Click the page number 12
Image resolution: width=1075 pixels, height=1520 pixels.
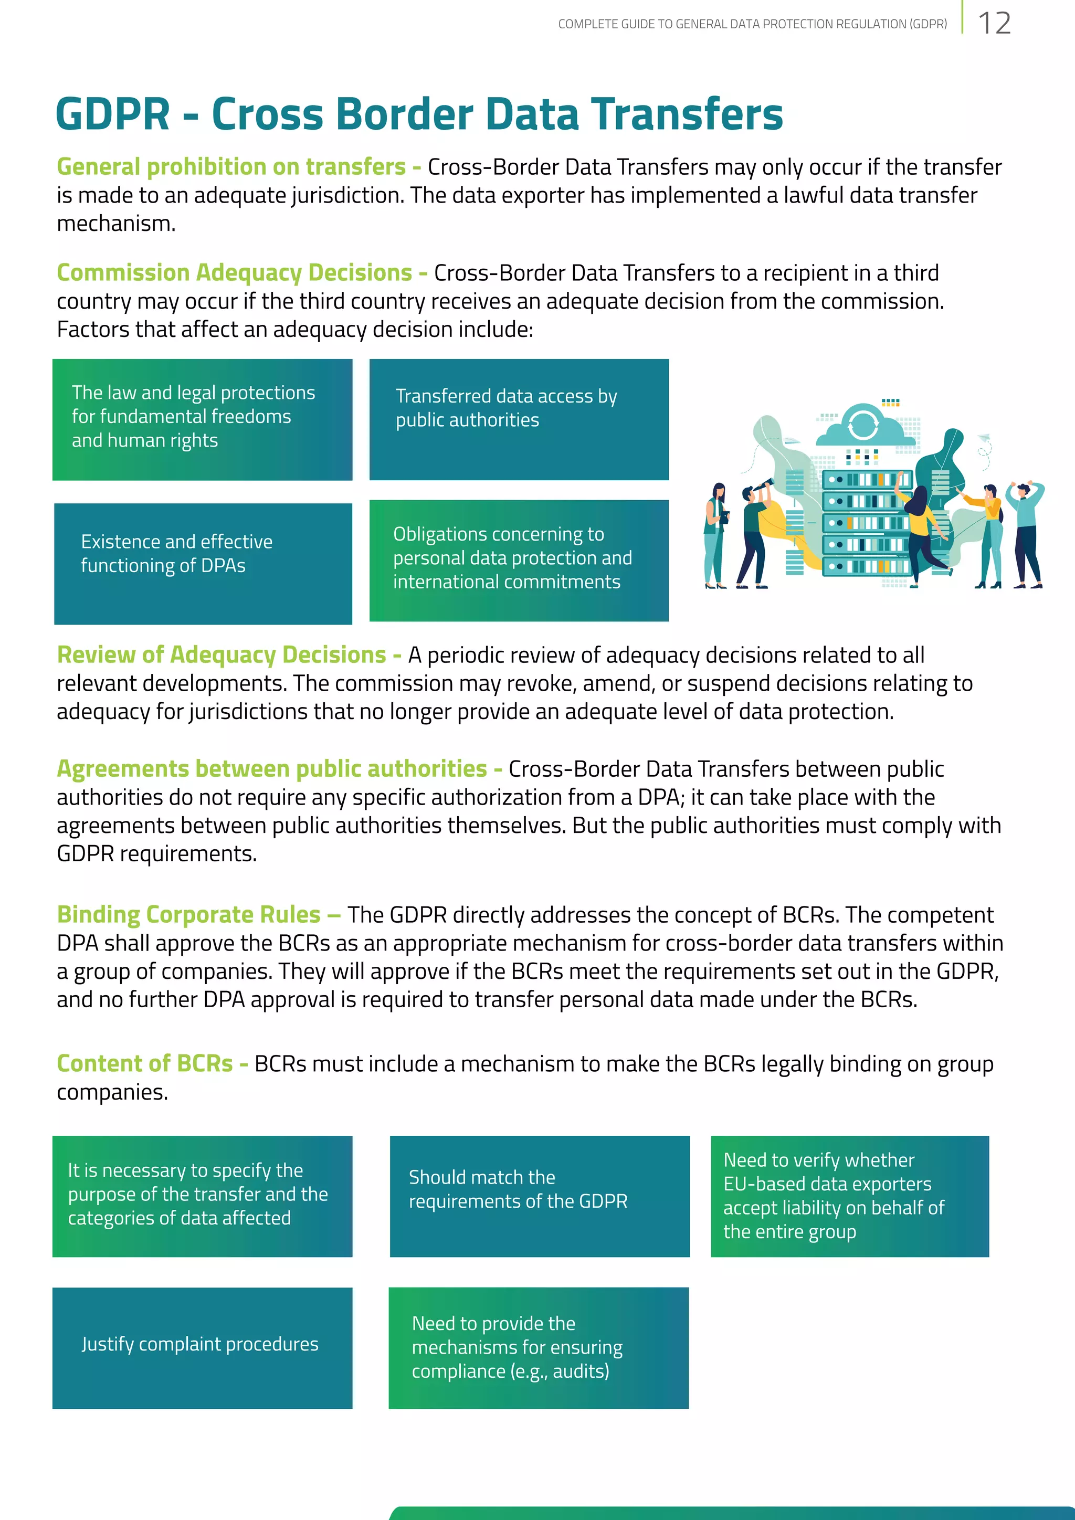point(994,24)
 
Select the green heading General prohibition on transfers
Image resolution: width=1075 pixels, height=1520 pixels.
point(231,167)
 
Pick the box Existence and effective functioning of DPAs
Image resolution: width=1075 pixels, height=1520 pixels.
point(203,563)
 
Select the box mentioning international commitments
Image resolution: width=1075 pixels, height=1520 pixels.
point(519,560)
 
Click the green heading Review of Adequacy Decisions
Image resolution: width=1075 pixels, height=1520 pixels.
point(221,655)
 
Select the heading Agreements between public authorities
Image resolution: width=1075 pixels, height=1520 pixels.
point(271,768)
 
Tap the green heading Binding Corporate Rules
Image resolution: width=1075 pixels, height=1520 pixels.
point(188,914)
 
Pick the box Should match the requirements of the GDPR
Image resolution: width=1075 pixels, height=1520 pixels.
point(539,1196)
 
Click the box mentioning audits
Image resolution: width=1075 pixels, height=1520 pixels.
point(538,1347)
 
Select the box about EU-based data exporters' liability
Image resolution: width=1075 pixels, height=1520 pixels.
point(849,1196)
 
